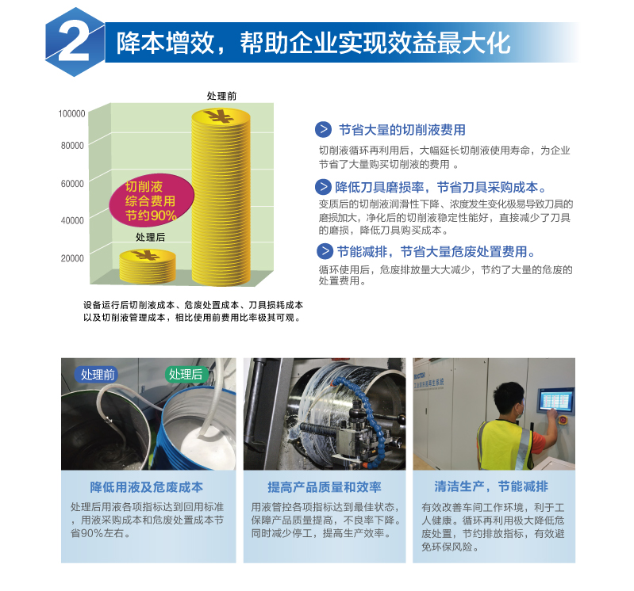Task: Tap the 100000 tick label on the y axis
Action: tap(72, 113)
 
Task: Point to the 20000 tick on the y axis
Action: tap(72, 258)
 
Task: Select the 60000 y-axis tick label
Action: tap(72, 184)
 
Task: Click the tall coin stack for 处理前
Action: tap(221, 198)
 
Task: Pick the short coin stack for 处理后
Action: tap(148, 266)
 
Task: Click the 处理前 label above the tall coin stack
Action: tap(221, 96)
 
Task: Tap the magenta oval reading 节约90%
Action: tap(152, 200)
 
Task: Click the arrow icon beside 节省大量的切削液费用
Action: tap(324, 129)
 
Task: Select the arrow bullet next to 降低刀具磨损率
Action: tap(323, 187)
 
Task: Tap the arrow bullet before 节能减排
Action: tap(325, 251)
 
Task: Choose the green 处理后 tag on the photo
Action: tap(186, 374)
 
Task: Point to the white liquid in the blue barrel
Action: tap(207, 447)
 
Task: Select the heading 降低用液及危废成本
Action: tap(147, 487)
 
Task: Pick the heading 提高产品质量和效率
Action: tap(325, 487)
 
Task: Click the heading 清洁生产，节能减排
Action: tap(491, 486)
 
